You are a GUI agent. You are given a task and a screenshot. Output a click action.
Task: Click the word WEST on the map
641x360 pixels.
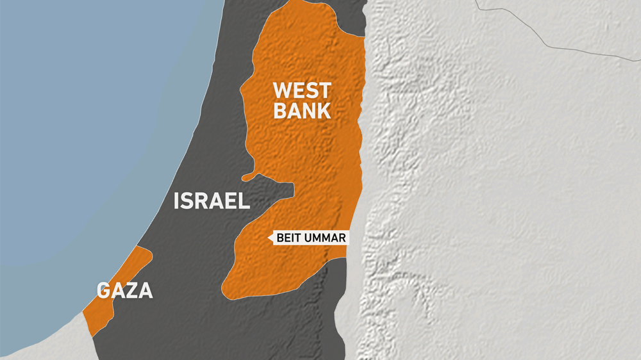coord(302,90)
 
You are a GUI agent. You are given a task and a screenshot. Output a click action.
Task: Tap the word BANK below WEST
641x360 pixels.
coord(302,110)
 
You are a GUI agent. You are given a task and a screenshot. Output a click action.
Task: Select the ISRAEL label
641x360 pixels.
coord(212,202)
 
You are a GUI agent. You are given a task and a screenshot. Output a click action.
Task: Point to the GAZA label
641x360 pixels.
coord(125,291)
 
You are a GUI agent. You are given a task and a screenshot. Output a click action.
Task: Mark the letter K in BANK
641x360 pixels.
coord(324,110)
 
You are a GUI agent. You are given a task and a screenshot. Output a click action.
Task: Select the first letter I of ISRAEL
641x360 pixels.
coord(177,202)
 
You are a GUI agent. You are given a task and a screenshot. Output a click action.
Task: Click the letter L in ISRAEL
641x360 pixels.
coord(244,202)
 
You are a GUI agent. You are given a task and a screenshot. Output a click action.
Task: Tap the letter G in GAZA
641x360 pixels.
coord(104,291)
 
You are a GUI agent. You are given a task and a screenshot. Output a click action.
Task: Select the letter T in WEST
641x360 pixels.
coord(324,90)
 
